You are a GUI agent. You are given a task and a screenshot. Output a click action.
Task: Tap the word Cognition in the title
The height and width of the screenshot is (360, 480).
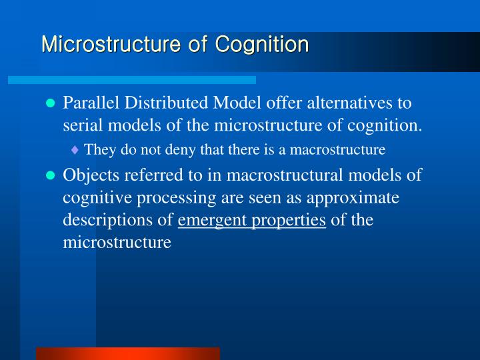point(262,45)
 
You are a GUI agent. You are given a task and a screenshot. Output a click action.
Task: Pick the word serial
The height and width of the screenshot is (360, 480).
point(80,125)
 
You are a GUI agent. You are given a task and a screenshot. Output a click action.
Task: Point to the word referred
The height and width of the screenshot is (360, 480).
point(148,175)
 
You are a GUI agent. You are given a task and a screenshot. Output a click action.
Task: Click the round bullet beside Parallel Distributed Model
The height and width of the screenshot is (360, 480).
point(49,105)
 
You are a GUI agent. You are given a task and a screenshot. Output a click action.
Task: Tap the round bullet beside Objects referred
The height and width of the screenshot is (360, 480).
point(49,176)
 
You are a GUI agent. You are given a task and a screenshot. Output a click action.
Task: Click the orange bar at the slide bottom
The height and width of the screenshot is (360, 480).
point(127,353)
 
